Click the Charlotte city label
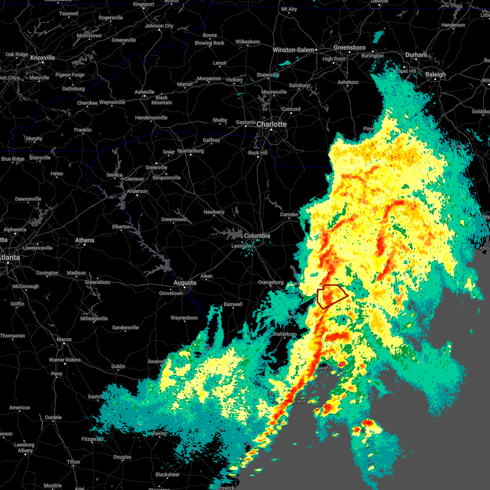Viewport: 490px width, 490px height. [272, 124]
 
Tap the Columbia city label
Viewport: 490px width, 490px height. [257, 236]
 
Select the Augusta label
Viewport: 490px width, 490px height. [185, 283]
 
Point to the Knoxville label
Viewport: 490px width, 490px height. [42, 58]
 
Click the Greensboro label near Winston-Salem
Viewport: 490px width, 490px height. [349, 48]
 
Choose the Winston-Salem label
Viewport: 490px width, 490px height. [293, 50]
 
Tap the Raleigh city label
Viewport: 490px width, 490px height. [435, 74]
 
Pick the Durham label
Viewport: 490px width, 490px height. [416, 55]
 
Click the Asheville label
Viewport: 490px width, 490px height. [145, 92]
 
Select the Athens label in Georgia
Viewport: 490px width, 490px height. [85, 240]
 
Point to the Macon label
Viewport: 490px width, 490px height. [64, 339]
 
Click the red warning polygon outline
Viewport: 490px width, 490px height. [332, 296]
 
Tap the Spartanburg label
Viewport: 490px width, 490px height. [190, 151]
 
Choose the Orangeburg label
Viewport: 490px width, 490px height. [270, 282]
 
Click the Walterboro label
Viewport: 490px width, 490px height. [285, 334]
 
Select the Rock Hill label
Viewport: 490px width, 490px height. [258, 153]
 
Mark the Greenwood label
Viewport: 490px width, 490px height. [174, 219]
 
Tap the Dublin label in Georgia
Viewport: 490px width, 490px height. [118, 366]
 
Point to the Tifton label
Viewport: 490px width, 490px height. [73, 462]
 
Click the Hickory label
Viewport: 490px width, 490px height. [234, 80]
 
